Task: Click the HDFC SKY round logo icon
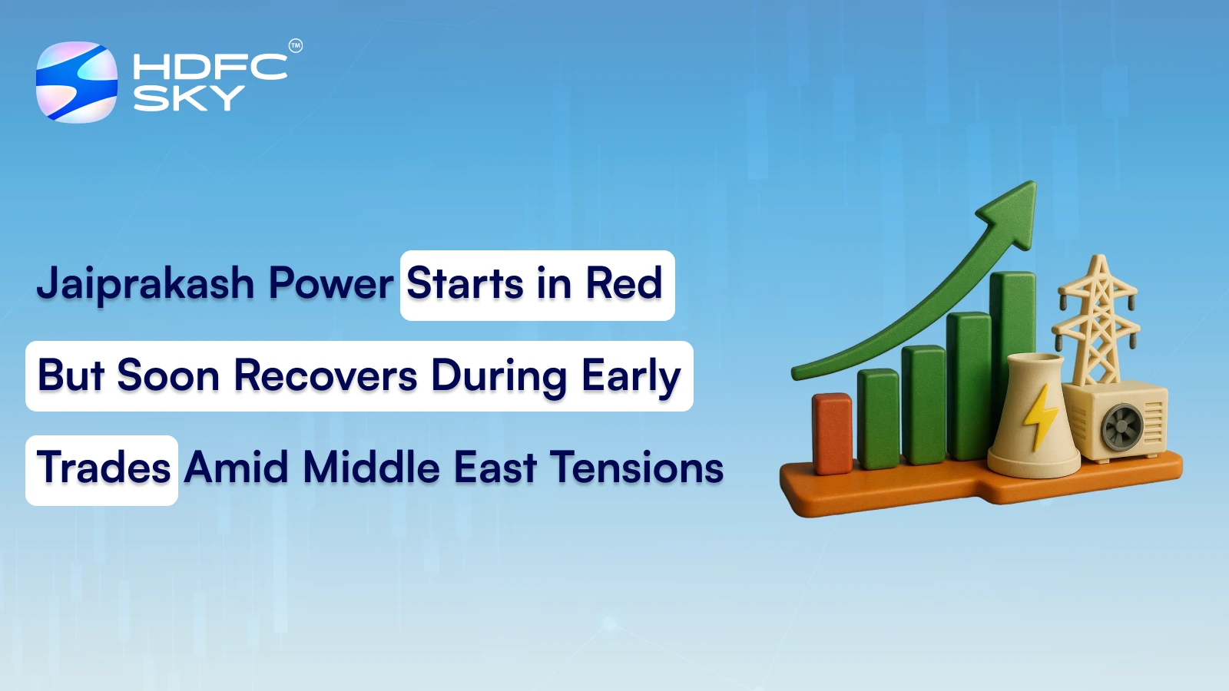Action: tap(77, 81)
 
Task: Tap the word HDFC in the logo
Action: tap(209, 67)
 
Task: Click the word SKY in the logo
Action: tap(188, 98)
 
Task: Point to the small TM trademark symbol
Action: tap(296, 46)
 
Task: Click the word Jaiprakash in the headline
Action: tap(145, 284)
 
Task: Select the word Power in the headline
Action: tap(330, 284)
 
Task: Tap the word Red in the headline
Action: tap(624, 283)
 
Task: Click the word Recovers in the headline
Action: tap(325, 375)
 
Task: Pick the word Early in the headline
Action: tap(631, 377)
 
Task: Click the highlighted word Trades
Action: tap(104, 468)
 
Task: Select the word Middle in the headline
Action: tap(371, 468)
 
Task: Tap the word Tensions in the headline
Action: tap(638, 468)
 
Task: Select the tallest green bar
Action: tap(1012, 353)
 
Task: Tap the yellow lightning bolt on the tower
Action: tap(1041, 416)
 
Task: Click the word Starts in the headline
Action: tap(465, 283)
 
